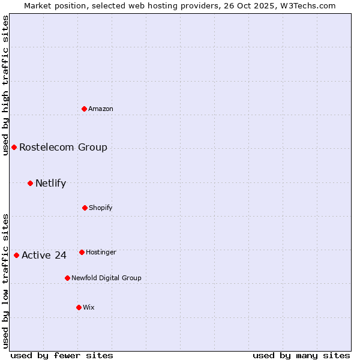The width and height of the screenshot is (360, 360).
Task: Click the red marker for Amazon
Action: click(85, 109)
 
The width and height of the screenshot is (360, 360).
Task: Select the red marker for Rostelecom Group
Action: click(14, 147)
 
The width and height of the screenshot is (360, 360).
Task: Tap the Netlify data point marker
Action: click(30, 183)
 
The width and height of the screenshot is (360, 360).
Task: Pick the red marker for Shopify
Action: click(85, 208)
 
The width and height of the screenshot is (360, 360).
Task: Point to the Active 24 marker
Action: click(17, 255)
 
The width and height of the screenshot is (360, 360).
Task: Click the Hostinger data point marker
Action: click(82, 252)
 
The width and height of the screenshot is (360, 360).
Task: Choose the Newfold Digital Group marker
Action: click(67, 278)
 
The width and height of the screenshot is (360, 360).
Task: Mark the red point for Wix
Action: click(79, 307)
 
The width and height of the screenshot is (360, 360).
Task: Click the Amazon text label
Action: click(101, 109)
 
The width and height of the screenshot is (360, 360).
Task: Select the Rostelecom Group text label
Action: click(63, 147)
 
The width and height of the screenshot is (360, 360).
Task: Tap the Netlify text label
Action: click(50, 183)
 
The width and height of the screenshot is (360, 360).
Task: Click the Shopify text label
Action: click(101, 208)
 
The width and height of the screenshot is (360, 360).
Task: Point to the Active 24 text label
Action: click(44, 255)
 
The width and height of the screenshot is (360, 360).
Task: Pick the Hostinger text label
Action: click(101, 252)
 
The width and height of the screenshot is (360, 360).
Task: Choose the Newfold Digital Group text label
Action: click(106, 278)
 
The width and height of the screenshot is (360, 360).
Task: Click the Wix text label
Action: click(89, 307)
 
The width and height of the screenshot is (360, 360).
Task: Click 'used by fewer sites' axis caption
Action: click(62, 355)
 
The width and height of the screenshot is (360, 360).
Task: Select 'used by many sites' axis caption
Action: click(301, 355)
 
